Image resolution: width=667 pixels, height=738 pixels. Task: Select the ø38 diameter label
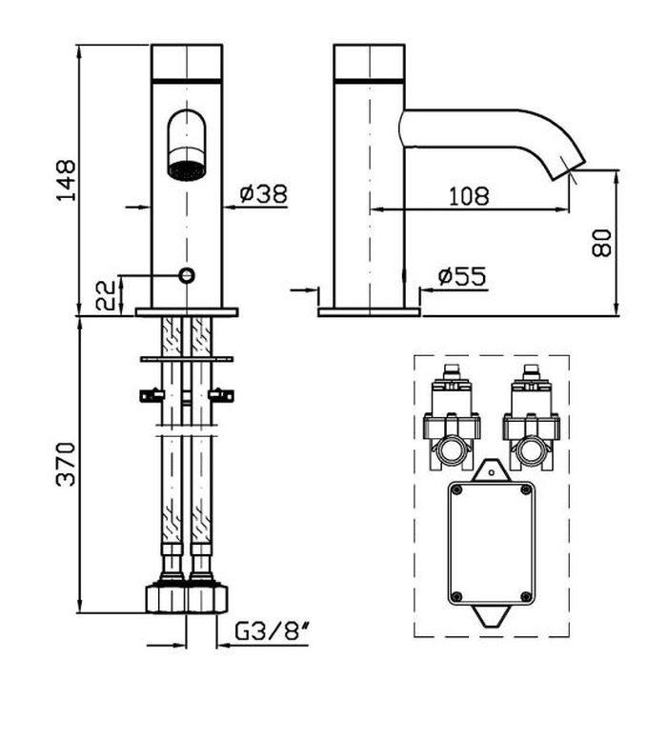point(263,193)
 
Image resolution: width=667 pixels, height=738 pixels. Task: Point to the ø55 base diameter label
point(461,276)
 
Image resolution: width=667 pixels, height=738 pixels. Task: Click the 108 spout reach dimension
point(469,196)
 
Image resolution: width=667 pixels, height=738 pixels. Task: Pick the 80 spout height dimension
point(601,243)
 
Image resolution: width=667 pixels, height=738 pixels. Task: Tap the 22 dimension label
point(106,295)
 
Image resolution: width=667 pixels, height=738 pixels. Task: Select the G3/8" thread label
point(272,631)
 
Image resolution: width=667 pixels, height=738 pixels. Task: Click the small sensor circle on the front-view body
point(187,275)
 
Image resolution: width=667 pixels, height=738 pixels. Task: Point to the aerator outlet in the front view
point(187,170)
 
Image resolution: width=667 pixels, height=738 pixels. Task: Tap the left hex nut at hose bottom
point(167,598)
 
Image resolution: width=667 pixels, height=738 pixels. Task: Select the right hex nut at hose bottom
point(209,598)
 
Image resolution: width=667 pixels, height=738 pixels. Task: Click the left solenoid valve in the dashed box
point(452,417)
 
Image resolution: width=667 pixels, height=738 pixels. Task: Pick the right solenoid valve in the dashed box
point(532,417)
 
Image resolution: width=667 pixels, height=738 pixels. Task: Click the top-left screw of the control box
point(455,490)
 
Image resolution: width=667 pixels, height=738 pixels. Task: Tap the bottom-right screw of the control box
point(526,596)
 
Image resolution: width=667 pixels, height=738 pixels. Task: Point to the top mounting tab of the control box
point(491,470)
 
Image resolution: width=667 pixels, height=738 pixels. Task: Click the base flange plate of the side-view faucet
point(369,312)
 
